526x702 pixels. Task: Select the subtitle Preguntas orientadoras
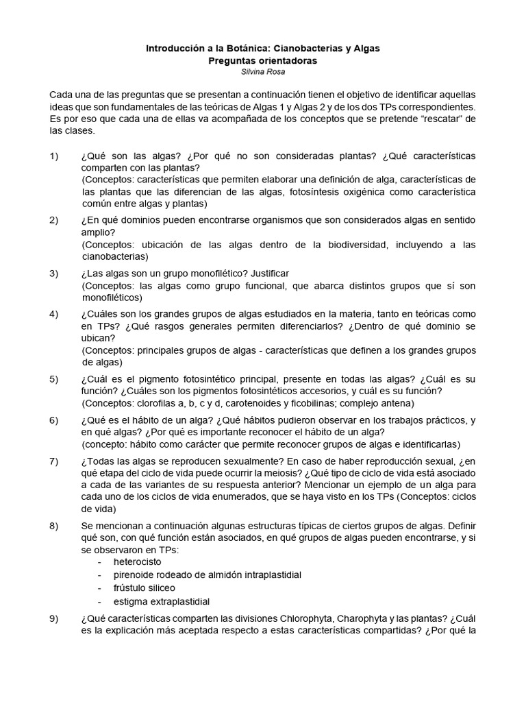[x=263, y=60]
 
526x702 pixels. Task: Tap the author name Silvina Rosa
[x=263, y=71]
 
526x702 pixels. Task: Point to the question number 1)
[x=55, y=156]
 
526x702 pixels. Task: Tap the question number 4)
[x=55, y=314]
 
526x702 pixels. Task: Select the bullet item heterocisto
[x=138, y=561]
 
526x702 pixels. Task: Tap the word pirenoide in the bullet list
[x=136, y=574]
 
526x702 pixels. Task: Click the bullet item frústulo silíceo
[x=145, y=588]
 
